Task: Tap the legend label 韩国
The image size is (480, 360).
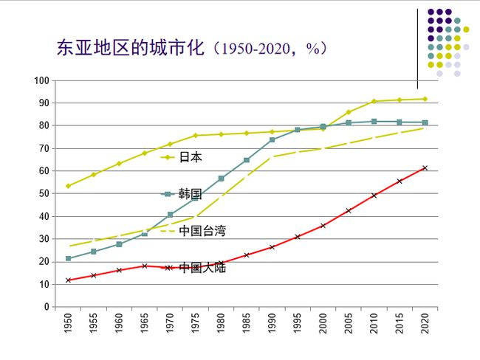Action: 190,194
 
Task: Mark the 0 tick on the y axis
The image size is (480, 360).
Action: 47,306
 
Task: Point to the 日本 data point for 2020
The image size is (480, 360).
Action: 425,99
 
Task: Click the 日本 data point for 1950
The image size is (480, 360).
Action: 68,186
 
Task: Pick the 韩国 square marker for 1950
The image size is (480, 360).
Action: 68,258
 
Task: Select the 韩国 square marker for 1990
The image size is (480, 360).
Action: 272,139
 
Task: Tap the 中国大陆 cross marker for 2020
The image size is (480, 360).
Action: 425,167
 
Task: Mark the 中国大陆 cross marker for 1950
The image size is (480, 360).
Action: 68,280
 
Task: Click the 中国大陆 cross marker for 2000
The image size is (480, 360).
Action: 323,225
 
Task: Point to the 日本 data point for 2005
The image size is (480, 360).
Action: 349,112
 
